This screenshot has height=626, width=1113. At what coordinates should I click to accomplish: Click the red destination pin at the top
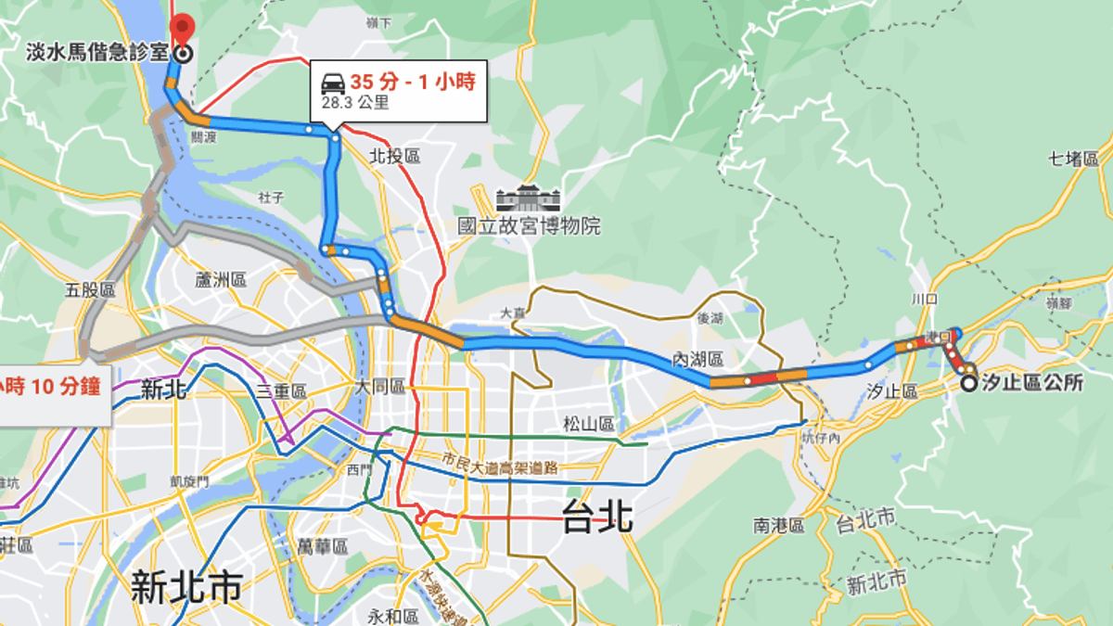tap(183, 28)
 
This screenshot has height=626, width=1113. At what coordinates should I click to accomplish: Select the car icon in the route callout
tap(333, 83)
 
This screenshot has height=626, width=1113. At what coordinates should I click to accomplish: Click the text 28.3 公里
tap(355, 103)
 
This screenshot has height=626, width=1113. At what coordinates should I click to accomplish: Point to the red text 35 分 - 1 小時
tap(412, 83)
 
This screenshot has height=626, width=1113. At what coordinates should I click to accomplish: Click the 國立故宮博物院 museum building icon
tap(529, 200)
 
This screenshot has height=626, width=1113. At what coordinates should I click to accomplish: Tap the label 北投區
tap(394, 157)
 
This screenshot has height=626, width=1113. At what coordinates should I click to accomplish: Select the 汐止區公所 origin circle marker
tap(968, 383)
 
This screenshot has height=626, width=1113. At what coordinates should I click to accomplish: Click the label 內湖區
tap(697, 359)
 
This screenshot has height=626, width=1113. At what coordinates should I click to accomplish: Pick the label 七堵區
tap(1074, 159)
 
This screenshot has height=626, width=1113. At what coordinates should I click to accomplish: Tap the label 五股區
tap(90, 290)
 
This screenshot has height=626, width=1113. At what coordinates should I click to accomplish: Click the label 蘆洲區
tap(220, 279)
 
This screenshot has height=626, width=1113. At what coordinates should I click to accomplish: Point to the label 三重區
tap(282, 392)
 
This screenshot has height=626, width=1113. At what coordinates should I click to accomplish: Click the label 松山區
tap(589, 424)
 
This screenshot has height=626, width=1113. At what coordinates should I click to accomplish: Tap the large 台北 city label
tap(597, 517)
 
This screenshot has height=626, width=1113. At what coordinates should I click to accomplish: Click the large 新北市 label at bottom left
tap(187, 586)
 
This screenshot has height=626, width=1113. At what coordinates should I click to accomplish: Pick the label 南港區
tap(778, 526)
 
